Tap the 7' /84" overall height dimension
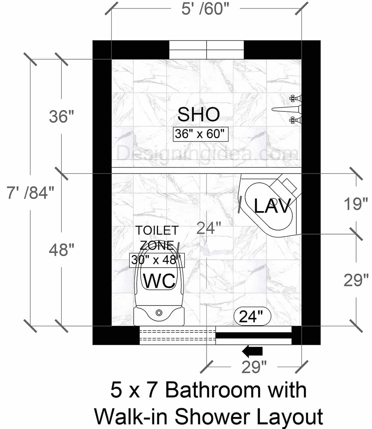[x=30, y=193]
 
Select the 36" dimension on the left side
[x=61, y=117]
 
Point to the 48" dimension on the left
[x=61, y=249]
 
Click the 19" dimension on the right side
[x=356, y=204]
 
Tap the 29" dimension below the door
[x=254, y=367]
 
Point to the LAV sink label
[x=272, y=206]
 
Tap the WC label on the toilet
[x=159, y=281]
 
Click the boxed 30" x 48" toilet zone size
[x=157, y=260]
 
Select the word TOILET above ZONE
[x=157, y=230]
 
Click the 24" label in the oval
[x=251, y=317]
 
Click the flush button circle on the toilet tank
[x=159, y=313]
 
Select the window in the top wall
[x=206, y=50]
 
